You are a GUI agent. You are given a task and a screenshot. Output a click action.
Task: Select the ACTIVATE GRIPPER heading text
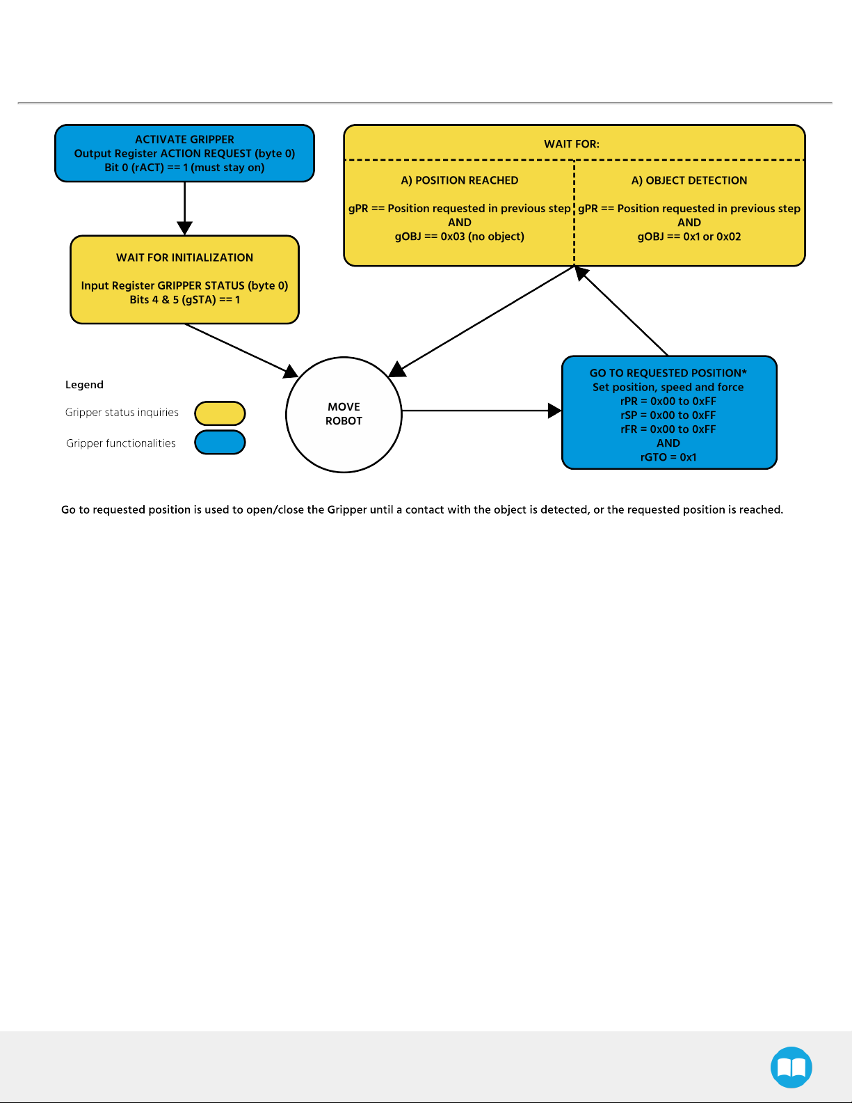click(x=184, y=140)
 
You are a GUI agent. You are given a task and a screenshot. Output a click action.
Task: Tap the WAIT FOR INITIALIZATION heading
click(x=184, y=258)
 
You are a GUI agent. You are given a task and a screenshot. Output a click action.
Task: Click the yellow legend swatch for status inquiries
click(x=220, y=413)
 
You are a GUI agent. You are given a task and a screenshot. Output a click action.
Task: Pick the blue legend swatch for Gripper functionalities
click(x=220, y=442)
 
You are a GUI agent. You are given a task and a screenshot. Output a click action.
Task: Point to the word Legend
click(x=84, y=385)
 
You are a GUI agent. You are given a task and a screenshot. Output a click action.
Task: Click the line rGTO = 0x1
click(x=668, y=457)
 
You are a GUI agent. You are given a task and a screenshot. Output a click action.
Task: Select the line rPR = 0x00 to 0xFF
click(x=668, y=401)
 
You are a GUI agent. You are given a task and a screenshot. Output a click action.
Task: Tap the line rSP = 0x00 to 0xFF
click(x=668, y=415)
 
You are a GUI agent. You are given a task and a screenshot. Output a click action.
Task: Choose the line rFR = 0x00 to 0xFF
click(x=668, y=429)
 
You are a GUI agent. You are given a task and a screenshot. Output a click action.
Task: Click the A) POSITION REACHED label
click(x=460, y=181)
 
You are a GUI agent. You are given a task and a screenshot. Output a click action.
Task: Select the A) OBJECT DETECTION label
click(x=689, y=181)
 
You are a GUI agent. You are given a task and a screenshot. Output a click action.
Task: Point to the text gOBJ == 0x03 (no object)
click(x=460, y=237)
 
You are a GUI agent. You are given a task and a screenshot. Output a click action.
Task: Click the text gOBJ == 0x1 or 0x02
click(x=689, y=237)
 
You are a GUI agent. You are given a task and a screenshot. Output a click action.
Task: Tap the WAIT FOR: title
click(x=572, y=144)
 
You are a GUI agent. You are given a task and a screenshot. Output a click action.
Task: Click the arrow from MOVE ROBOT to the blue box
click(x=482, y=411)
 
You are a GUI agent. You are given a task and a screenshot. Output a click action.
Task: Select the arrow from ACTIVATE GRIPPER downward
click(x=184, y=209)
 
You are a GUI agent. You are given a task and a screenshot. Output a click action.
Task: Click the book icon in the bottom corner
click(x=791, y=1068)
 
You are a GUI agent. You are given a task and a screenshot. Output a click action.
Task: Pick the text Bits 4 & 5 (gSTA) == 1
click(x=184, y=300)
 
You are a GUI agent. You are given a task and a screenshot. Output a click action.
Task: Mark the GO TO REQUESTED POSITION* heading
click(x=668, y=373)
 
